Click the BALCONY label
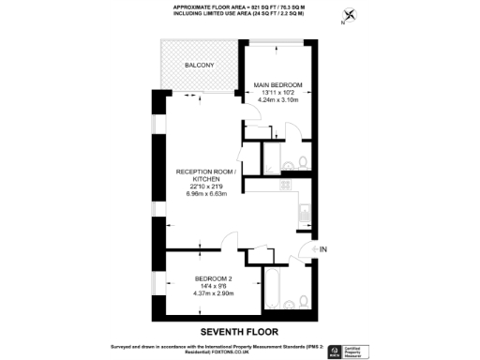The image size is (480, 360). coord(200,65)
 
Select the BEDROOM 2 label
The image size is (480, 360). coord(213,278)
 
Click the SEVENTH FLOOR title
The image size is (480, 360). coord(239,332)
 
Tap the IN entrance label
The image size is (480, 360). coord(324,249)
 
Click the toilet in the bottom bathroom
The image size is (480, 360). coord(306,300)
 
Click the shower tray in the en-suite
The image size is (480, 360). coord(274,155)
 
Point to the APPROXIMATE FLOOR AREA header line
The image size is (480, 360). coord(239,7)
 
